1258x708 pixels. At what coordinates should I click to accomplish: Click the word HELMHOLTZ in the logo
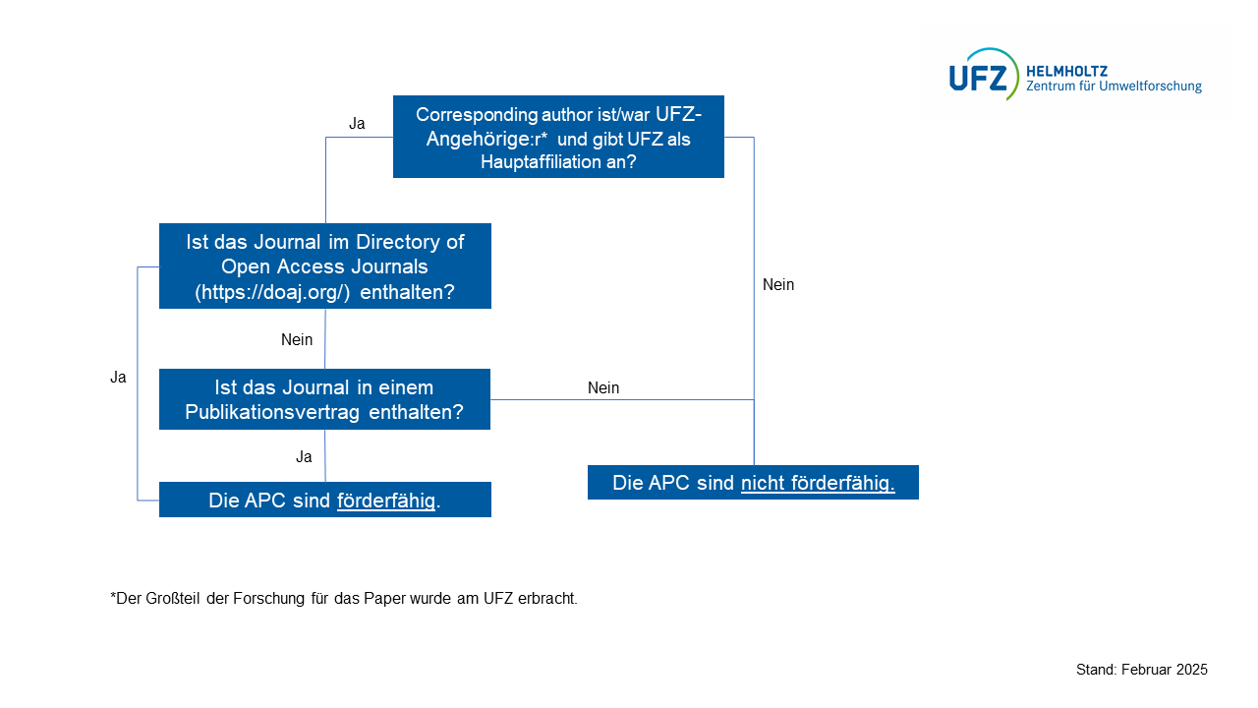(x=1066, y=71)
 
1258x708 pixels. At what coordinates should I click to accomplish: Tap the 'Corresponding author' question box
(x=558, y=137)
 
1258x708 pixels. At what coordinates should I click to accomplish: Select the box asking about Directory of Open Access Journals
(x=324, y=265)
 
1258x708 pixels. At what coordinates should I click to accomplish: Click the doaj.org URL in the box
(x=272, y=292)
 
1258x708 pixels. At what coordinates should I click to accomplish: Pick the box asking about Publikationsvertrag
(x=324, y=399)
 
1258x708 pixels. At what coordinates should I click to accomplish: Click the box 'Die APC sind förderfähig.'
(x=324, y=500)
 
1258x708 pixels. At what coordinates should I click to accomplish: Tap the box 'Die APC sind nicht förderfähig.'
(x=753, y=483)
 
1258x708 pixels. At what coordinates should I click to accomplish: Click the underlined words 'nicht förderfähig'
(x=818, y=483)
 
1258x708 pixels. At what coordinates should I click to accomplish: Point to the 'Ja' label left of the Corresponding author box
(x=357, y=124)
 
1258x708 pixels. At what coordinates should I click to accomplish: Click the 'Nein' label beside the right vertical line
(x=778, y=285)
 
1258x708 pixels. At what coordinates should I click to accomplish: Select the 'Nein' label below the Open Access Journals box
(x=297, y=340)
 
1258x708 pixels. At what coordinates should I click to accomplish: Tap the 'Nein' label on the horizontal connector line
(x=603, y=388)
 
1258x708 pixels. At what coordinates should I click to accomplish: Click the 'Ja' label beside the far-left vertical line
(x=118, y=378)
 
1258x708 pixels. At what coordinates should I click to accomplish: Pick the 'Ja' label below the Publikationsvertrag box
(x=304, y=457)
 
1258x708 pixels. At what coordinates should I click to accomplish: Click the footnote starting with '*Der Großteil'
(x=344, y=598)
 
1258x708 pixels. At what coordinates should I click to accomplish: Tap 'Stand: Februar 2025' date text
(x=1142, y=670)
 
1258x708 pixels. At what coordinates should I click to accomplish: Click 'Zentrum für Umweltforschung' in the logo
(x=1114, y=87)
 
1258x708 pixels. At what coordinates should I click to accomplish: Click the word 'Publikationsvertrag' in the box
(x=274, y=412)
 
